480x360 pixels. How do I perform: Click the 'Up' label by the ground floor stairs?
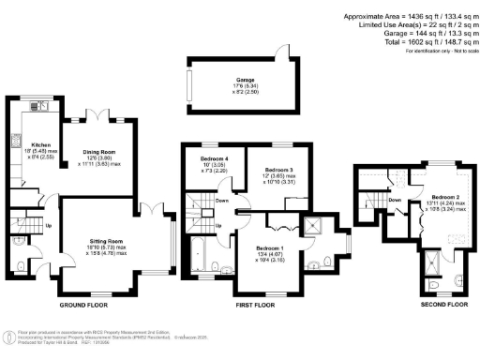point(48,226)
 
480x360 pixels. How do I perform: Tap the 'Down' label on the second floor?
point(396,200)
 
